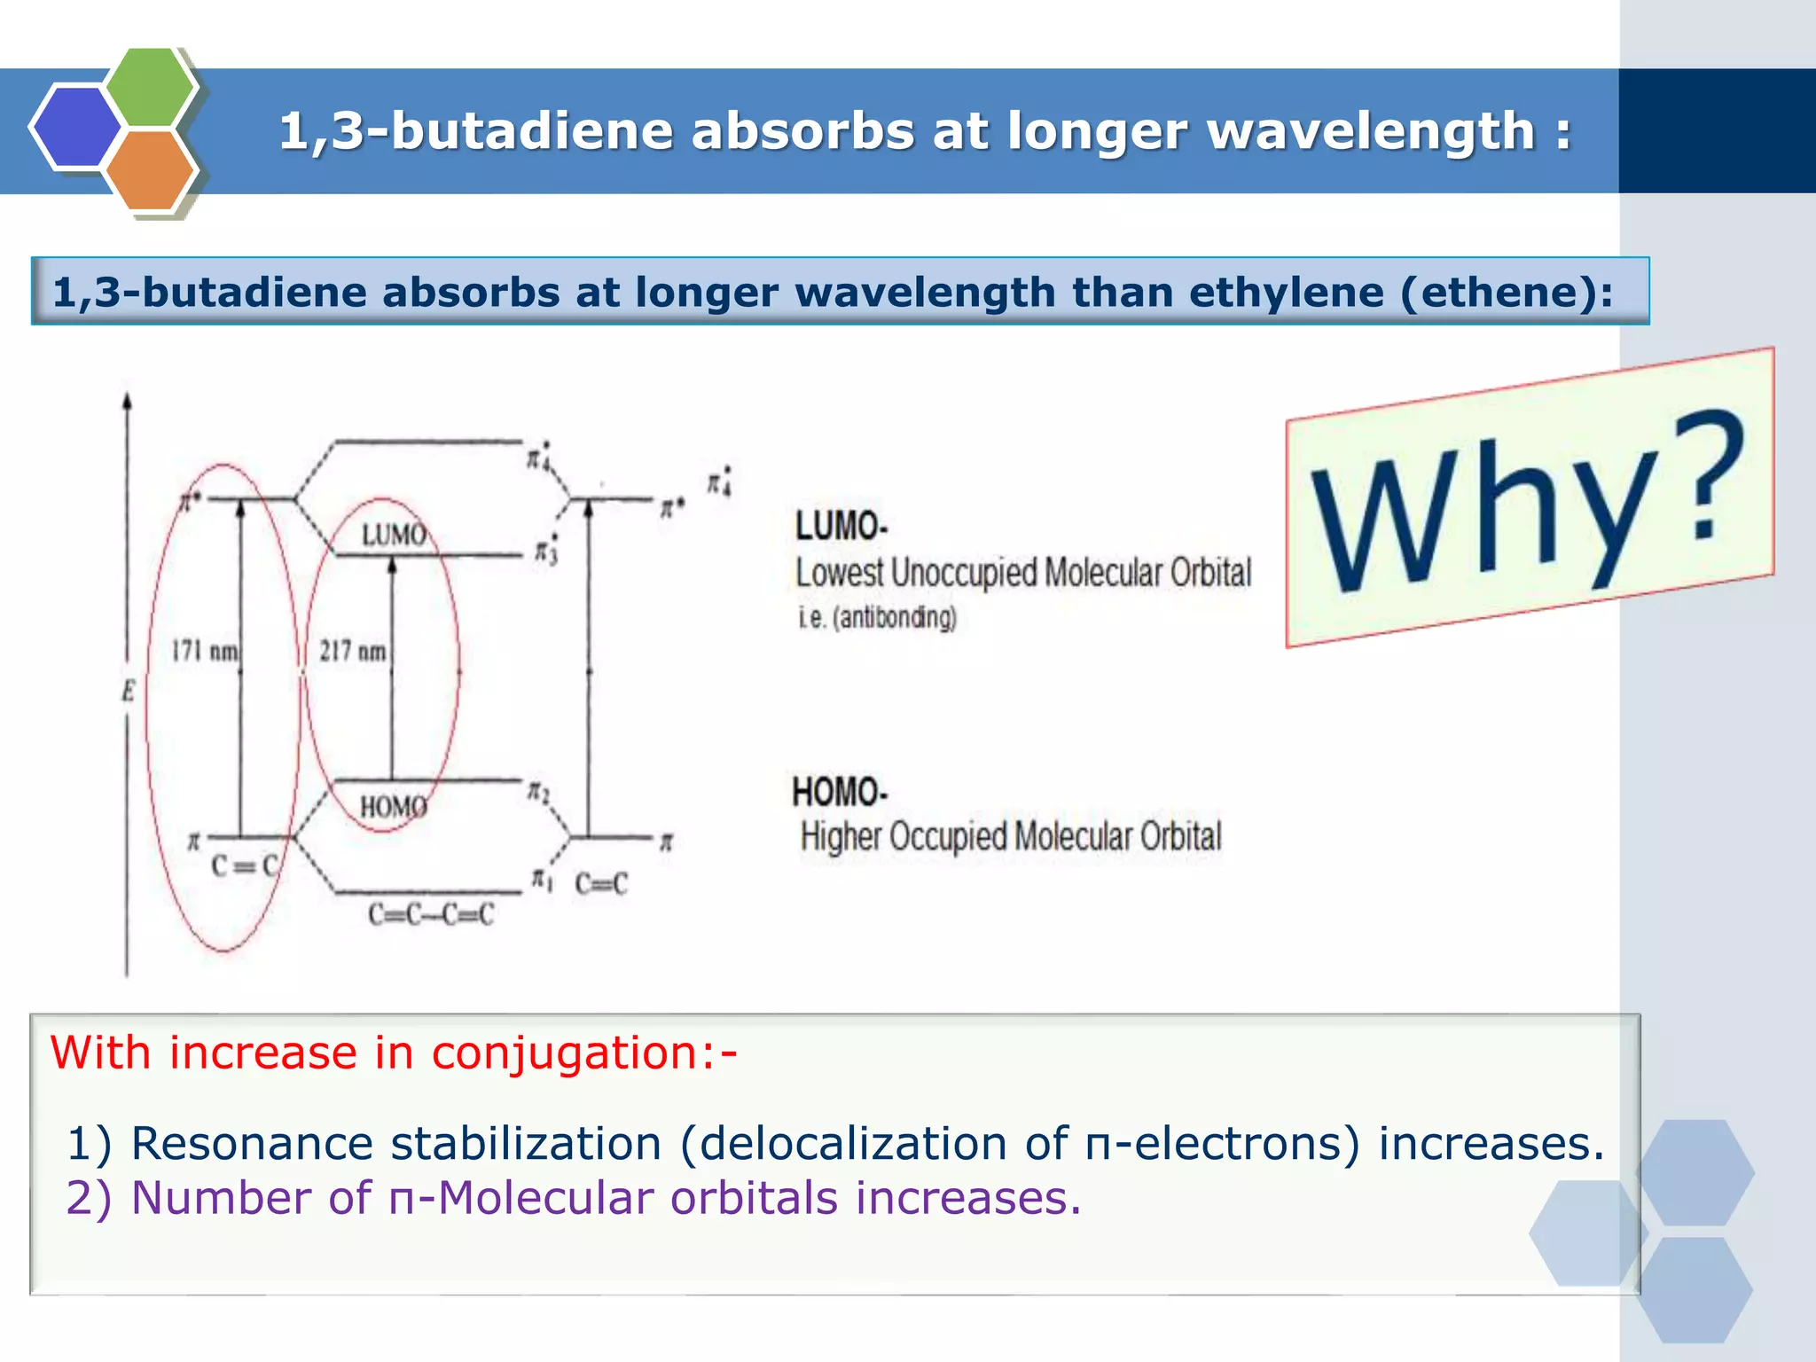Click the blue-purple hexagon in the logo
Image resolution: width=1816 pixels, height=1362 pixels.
pyautogui.click(x=75, y=126)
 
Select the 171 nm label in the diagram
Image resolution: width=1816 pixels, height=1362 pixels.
pyautogui.click(x=205, y=652)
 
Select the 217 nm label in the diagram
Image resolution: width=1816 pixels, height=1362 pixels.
pyautogui.click(x=353, y=652)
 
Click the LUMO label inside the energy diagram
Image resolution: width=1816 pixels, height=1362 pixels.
pyautogui.click(x=394, y=536)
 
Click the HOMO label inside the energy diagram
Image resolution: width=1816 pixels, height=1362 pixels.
pyautogui.click(x=393, y=807)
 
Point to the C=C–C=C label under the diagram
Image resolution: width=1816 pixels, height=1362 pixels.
pyautogui.click(x=431, y=914)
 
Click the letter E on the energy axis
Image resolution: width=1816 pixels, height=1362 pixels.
pyautogui.click(x=129, y=691)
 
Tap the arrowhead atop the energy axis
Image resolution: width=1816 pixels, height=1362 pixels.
pyautogui.click(x=128, y=401)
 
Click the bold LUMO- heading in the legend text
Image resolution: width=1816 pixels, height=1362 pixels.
pyautogui.click(x=841, y=526)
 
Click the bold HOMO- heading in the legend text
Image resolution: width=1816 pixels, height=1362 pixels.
pyautogui.click(x=839, y=792)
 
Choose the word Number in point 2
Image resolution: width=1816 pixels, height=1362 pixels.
pyautogui.click(x=221, y=1198)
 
